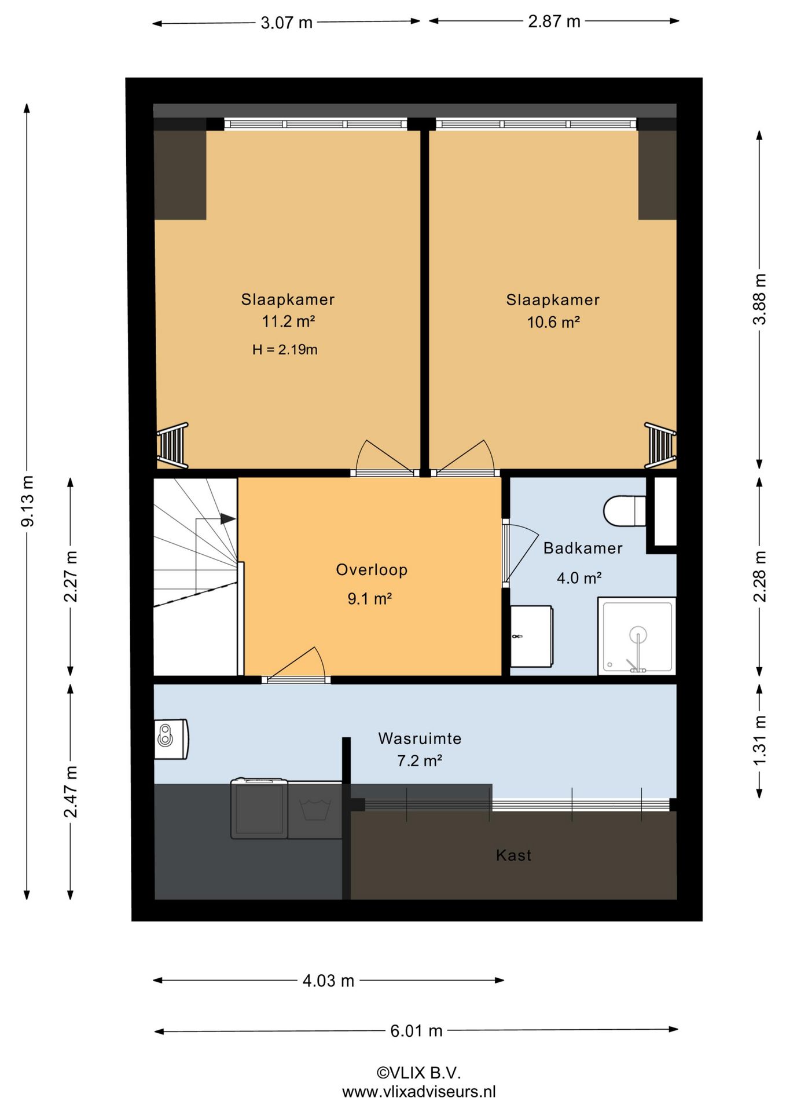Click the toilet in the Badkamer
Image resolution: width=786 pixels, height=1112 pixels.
625,510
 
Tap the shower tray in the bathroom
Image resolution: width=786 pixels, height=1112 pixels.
637,636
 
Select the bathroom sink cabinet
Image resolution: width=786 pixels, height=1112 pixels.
531,636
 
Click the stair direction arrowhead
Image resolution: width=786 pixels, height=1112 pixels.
228,519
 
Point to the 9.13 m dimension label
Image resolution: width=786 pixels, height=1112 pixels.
28,501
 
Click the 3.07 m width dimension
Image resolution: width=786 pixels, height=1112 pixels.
287,23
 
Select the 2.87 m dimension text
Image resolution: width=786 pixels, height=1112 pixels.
554,21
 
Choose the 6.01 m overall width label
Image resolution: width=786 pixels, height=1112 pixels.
416,1031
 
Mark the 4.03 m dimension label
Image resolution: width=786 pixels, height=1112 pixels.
328,981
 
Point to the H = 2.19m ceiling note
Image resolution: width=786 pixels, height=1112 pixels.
285,349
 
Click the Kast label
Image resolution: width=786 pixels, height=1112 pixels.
514,855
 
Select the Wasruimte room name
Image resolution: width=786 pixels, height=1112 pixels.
420,738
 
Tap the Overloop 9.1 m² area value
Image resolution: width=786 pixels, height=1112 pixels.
370,598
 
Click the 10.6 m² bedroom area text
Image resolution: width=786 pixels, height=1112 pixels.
553,322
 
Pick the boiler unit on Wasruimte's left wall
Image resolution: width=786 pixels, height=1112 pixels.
171,739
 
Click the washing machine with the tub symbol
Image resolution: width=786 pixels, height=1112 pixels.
315,810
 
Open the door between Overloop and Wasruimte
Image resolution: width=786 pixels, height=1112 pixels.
296,679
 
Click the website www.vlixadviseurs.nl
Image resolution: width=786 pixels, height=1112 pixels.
418,1092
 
